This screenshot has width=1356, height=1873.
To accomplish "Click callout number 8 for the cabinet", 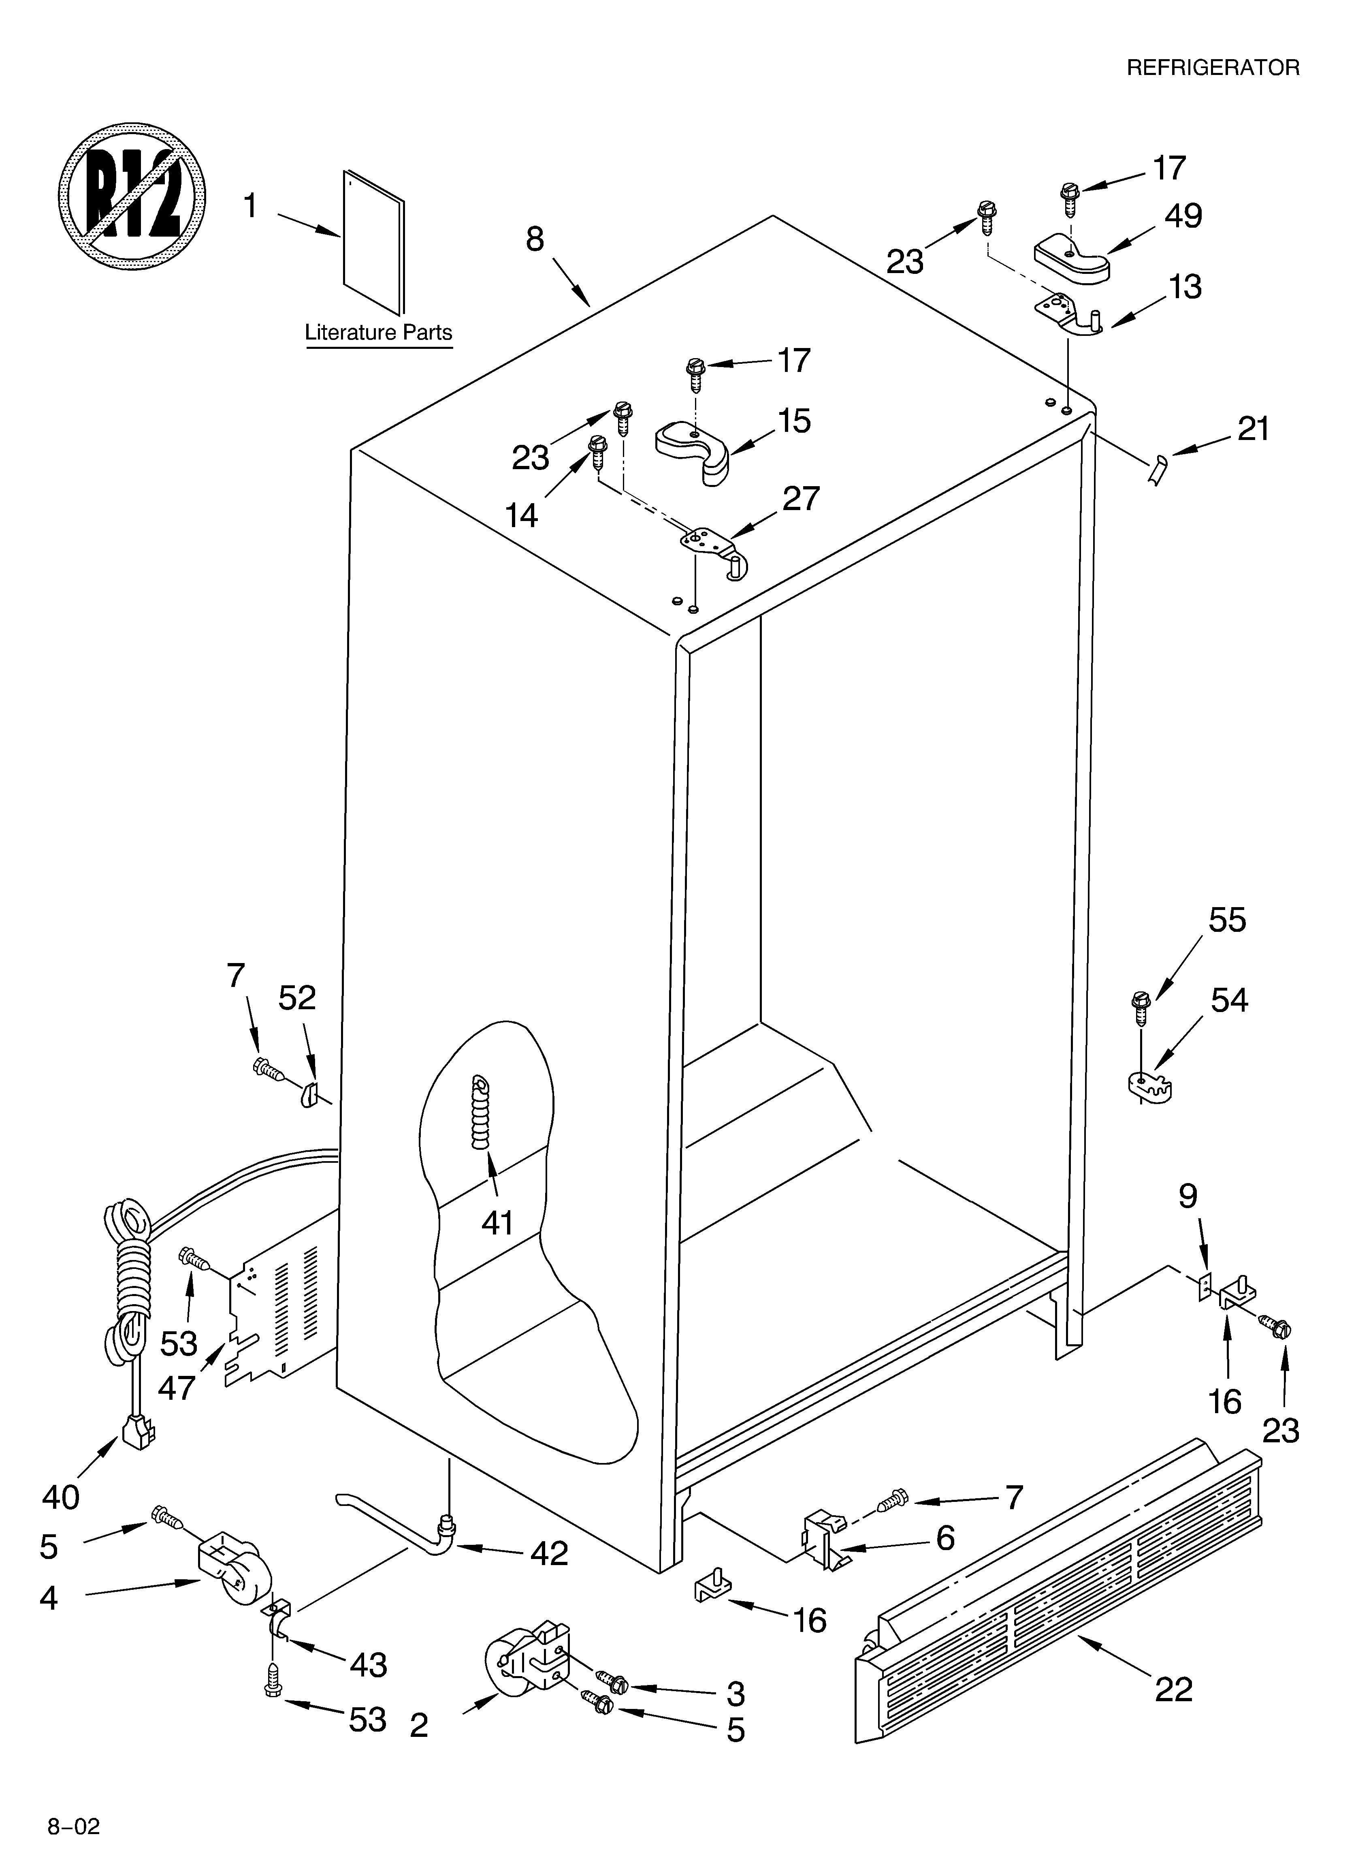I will pos(535,239).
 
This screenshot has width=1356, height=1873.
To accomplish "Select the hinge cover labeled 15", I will pos(694,450).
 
